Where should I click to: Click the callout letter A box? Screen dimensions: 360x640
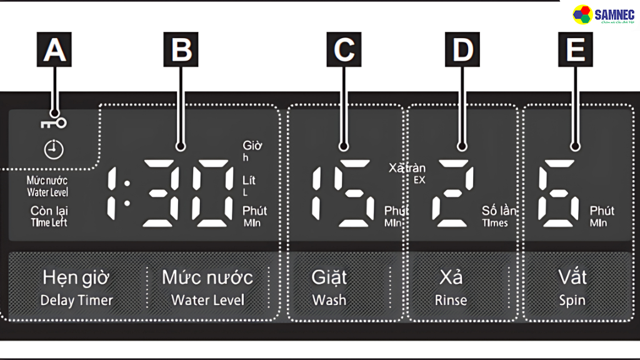coord(54,50)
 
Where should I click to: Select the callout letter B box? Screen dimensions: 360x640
coord(181,50)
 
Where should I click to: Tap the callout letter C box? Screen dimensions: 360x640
coord(344,50)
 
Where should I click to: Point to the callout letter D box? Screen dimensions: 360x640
coord(462,50)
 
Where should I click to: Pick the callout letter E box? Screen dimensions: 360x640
coord(575,50)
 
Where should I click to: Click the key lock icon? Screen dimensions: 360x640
coord(54,122)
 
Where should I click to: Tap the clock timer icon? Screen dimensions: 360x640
coord(54,149)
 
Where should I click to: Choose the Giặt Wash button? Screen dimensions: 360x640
coord(329,287)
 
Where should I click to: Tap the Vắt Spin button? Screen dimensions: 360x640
coord(572,287)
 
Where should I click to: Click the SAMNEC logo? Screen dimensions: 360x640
coord(603,16)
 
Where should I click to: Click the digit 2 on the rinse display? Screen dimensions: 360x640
coord(455,194)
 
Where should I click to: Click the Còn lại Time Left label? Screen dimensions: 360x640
coord(49,216)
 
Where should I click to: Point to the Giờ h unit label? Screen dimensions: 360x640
coord(252,151)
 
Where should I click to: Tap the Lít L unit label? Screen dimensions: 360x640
coord(249,186)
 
